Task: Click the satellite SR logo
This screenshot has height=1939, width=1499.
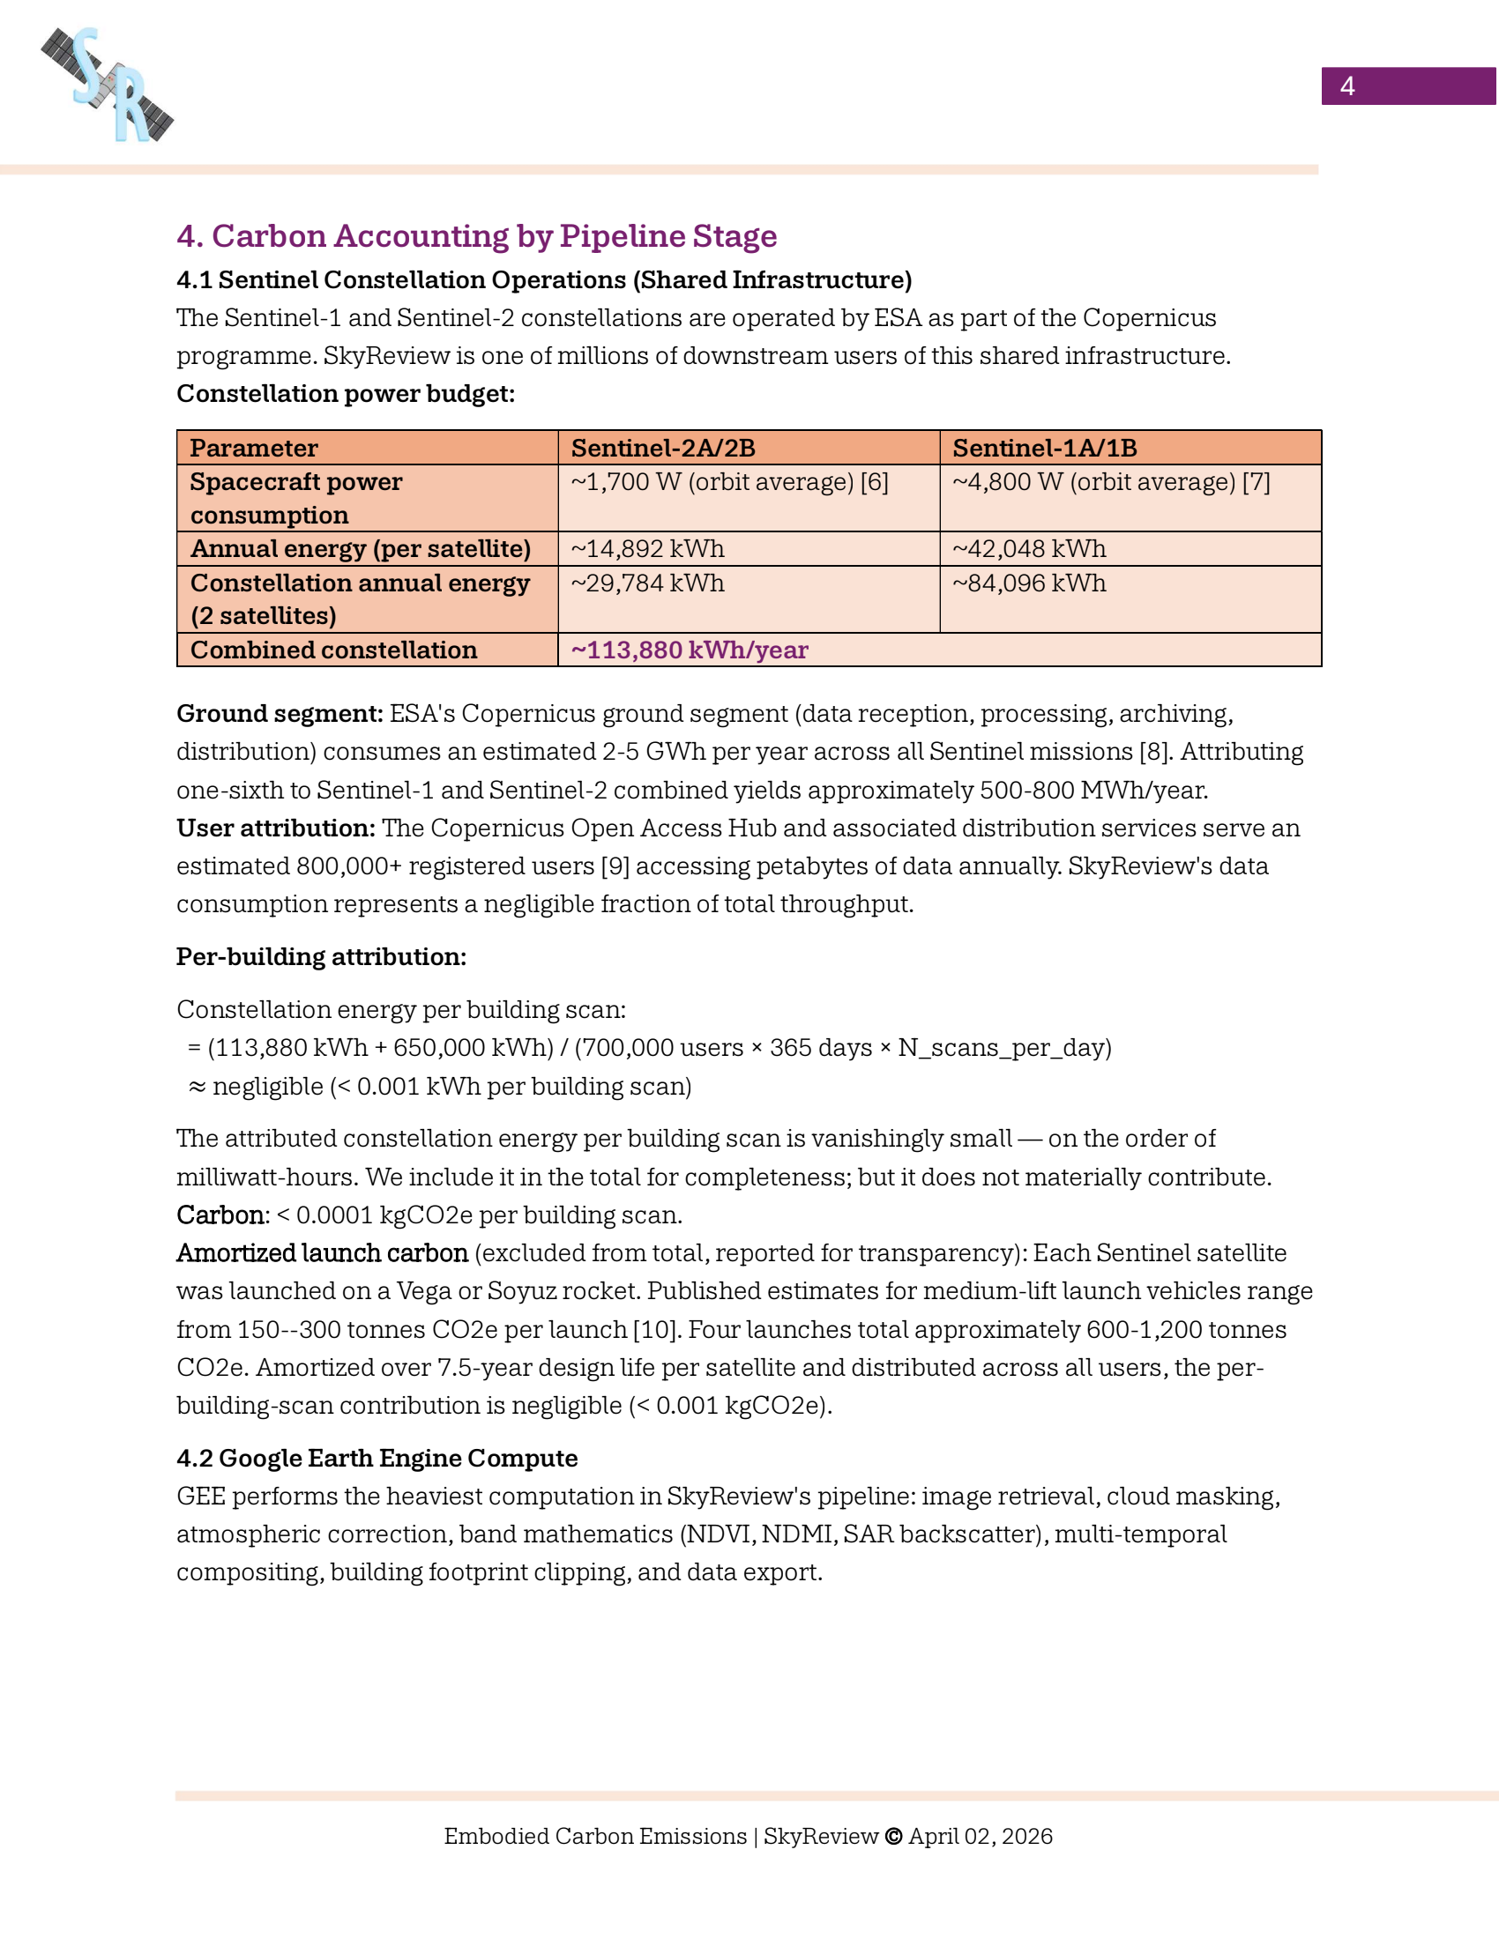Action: [x=108, y=85]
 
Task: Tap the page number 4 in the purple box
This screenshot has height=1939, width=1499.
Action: [x=1346, y=86]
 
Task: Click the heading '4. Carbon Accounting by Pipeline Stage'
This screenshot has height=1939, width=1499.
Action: [x=476, y=236]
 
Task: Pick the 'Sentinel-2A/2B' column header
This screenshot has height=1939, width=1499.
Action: [x=662, y=448]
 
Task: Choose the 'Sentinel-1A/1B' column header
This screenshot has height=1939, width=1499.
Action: [x=1044, y=448]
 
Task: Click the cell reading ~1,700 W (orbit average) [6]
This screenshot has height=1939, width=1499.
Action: [x=729, y=482]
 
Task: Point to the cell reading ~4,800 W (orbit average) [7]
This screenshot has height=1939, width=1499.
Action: [x=1111, y=482]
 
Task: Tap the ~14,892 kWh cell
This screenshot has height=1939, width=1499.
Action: [x=647, y=549]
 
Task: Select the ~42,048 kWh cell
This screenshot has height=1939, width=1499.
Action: [x=1029, y=549]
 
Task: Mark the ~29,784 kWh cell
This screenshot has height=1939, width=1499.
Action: [x=647, y=583]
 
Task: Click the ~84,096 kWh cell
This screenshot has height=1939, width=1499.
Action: [x=1029, y=583]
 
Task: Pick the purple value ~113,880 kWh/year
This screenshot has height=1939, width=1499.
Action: [x=690, y=650]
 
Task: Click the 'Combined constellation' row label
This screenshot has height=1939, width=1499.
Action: [x=334, y=650]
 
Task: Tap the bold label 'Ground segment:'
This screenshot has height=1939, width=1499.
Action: [x=280, y=714]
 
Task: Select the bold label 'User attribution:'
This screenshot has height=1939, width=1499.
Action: [x=276, y=828]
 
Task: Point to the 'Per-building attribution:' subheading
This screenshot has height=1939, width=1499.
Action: [x=322, y=957]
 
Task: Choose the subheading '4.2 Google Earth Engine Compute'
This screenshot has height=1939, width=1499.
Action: [x=377, y=1459]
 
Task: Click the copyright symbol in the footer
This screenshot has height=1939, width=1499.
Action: [x=893, y=1836]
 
